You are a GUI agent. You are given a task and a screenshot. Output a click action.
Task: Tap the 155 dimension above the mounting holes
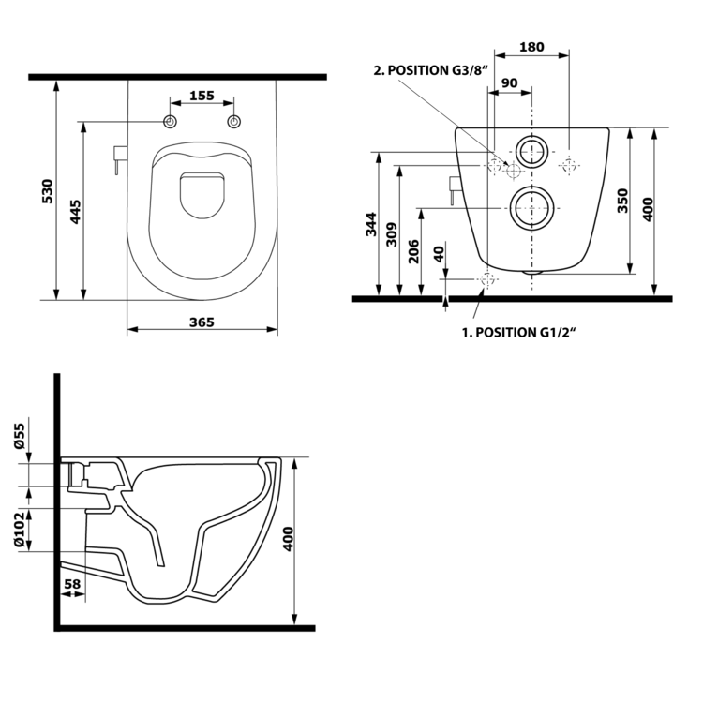point(202,95)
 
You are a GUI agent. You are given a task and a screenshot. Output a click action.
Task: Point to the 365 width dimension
point(202,322)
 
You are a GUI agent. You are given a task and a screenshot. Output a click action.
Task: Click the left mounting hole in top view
point(170,122)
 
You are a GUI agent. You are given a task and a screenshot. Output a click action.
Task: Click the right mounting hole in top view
point(234,122)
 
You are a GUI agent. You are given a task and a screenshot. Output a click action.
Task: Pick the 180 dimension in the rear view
point(531,47)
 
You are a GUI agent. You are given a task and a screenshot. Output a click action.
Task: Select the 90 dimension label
point(510,82)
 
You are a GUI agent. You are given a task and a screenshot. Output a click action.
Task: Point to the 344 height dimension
point(372,225)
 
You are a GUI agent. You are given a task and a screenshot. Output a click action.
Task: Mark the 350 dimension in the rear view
point(622,202)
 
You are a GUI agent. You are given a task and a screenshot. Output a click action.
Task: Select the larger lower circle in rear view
point(531,207)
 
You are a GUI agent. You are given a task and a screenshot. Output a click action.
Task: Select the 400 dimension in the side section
point(289,538)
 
